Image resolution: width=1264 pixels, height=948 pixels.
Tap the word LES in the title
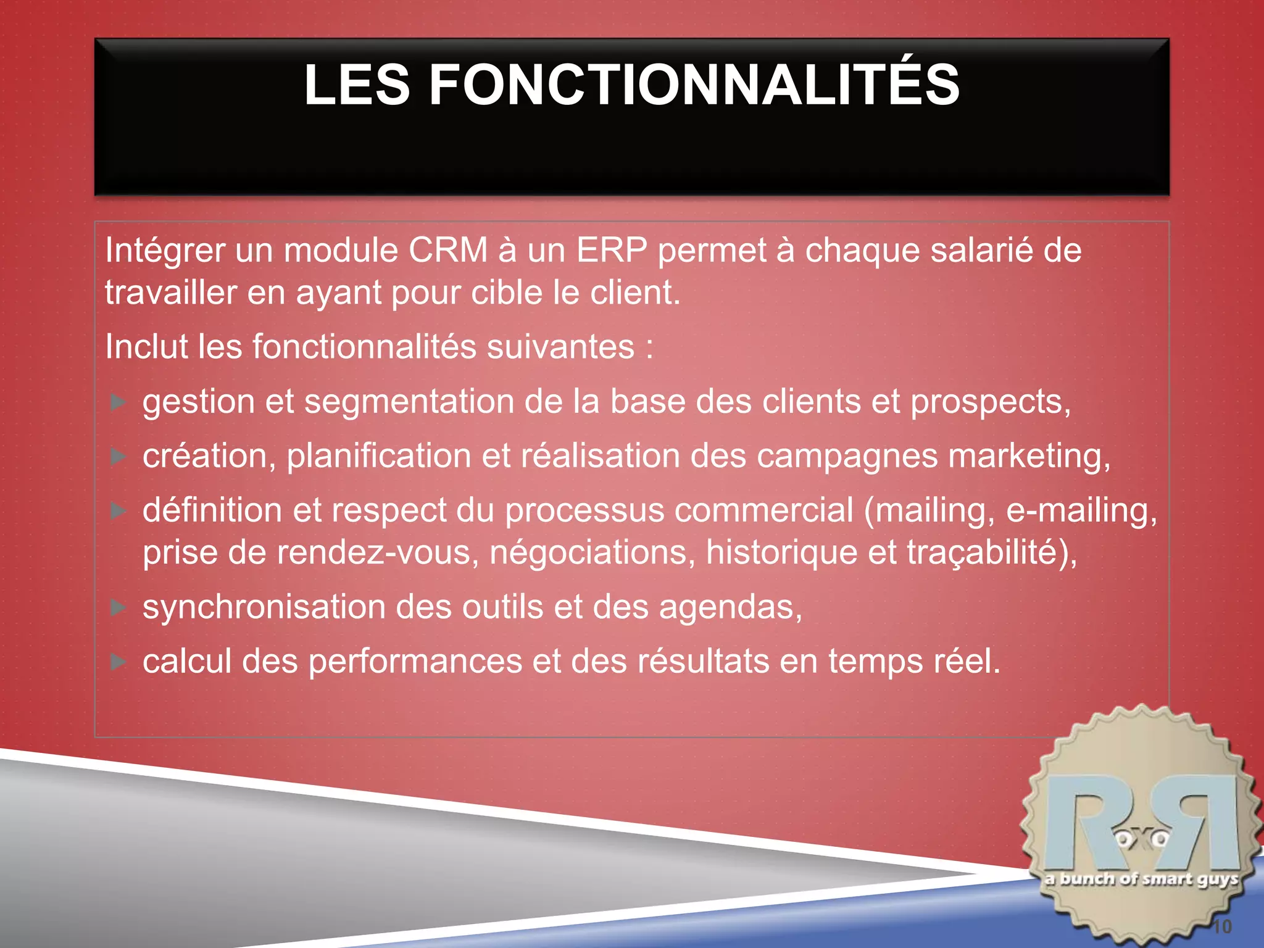tap(357, 85)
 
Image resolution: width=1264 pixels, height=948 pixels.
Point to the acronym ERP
tap(612, 251)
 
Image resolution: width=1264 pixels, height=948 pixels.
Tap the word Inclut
tap(146, 346)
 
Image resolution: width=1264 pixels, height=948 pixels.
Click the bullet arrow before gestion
tap(118, 402)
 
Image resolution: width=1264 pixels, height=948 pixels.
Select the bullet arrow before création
tap(118, 457)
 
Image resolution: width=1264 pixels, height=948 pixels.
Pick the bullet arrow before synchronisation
tap(118, 607)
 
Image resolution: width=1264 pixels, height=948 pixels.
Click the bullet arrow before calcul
tap(118, 662)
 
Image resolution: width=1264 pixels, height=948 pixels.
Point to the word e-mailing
tap(1081, 511)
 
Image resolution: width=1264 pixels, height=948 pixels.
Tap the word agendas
tap(730, 607)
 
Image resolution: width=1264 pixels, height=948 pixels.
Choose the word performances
tap(415, 662)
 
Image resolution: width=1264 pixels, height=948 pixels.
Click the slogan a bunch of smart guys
tap(1142, 879)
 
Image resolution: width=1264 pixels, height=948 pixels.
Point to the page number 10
tap(1221, 926)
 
